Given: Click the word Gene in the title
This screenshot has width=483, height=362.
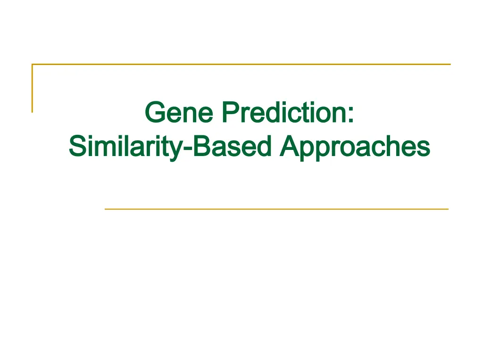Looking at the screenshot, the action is (x=179, y=112).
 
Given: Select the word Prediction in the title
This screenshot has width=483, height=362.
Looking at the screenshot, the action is (x=283, y=112).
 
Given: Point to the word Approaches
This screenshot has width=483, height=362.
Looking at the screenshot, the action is (x=355, y=147).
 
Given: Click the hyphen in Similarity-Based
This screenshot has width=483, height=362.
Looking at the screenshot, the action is (x=188, y=149).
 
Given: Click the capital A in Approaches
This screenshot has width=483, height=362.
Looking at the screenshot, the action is (x=290, y=146).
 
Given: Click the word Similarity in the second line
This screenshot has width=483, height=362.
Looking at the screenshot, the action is (x=126, y=147).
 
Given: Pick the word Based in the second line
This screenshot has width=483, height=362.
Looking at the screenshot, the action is (x=232, y=146).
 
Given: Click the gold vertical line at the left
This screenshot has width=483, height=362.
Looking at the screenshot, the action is (x=32, y=88).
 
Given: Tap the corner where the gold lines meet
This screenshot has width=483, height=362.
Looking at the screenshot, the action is (x=32, y=64).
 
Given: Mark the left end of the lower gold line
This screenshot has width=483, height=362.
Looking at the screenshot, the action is (x=105, y=209).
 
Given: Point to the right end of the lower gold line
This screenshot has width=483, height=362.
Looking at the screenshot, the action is (x=448, y=209).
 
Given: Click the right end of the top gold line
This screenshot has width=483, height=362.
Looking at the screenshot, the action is (x=450, y=64).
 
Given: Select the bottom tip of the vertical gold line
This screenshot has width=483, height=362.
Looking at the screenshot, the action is (x=32, y=112).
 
